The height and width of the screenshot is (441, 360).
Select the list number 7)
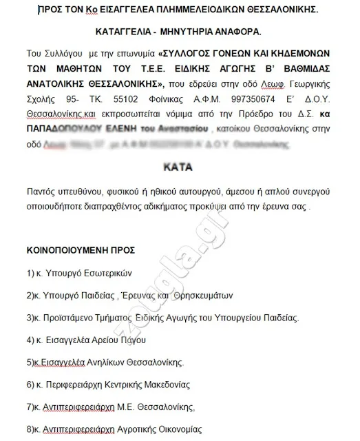32,407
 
